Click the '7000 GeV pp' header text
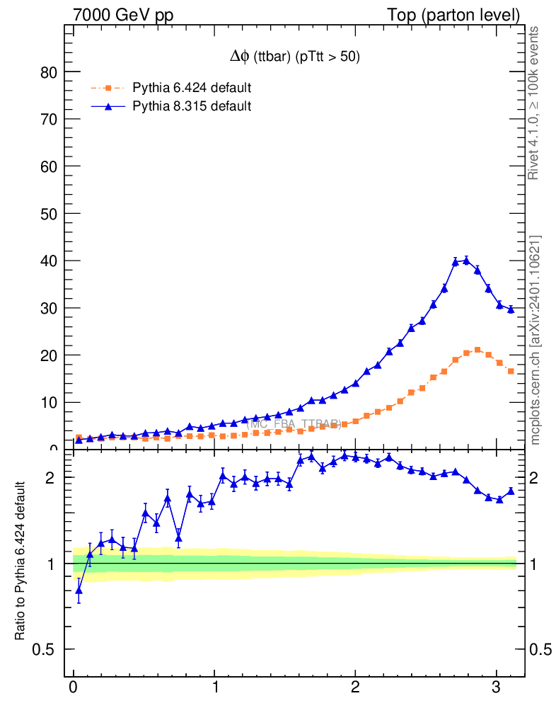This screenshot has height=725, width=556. coord(123,15)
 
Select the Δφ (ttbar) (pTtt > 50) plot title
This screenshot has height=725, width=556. coord(291,58)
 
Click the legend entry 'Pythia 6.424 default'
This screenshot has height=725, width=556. coord(192,89)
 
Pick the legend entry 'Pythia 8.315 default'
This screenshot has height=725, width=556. coord(192,106)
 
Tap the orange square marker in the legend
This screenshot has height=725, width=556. coord(108,89)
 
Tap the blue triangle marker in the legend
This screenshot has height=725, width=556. coord(108,106)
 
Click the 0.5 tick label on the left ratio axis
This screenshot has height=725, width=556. coord(44,650)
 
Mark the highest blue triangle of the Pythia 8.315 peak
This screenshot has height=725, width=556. coord(466,261)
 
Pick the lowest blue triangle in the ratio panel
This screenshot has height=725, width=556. coord(79,590)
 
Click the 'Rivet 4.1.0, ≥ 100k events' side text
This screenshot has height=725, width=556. coord(535,103)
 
